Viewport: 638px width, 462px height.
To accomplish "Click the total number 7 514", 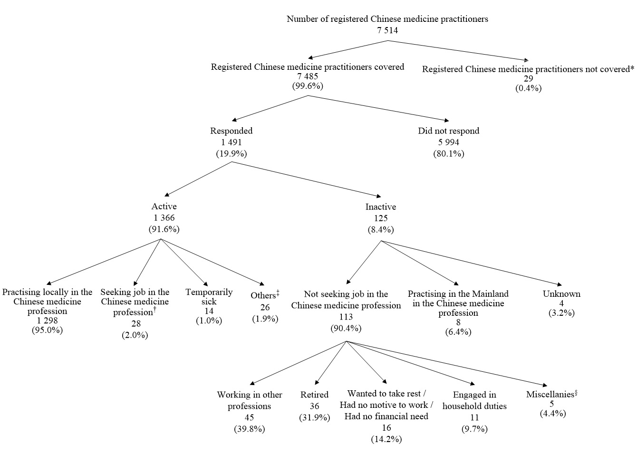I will pos(387,30).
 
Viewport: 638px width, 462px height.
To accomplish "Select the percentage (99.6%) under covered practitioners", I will pos(307,86).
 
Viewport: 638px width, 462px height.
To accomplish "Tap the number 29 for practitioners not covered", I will pos(528,79).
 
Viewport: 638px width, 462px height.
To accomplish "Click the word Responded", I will pos(231,131).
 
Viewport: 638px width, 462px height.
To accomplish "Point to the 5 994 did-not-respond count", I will pos(448,142).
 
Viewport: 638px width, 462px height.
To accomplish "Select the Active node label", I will pos(164,207).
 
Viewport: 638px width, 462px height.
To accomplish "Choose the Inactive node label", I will pos(380,207).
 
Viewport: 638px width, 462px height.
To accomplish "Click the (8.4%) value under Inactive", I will pos(380,230).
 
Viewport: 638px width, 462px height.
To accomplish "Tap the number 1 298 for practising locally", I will pos(47,321).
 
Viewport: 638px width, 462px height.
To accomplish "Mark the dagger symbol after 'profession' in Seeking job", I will pos(155,310).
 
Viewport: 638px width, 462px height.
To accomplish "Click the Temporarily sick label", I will pos(209,297).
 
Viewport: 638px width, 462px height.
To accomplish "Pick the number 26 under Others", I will pos(265,308).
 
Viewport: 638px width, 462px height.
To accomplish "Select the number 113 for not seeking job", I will pos(346,317).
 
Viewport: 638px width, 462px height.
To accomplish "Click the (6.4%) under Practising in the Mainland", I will pos(458,332).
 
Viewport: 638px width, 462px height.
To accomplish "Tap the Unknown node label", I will pos(561,294).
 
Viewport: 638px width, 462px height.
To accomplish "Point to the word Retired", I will pos(314,395).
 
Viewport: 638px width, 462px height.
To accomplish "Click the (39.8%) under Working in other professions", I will pos(249,429).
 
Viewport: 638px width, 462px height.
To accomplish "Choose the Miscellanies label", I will pos(551,395).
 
